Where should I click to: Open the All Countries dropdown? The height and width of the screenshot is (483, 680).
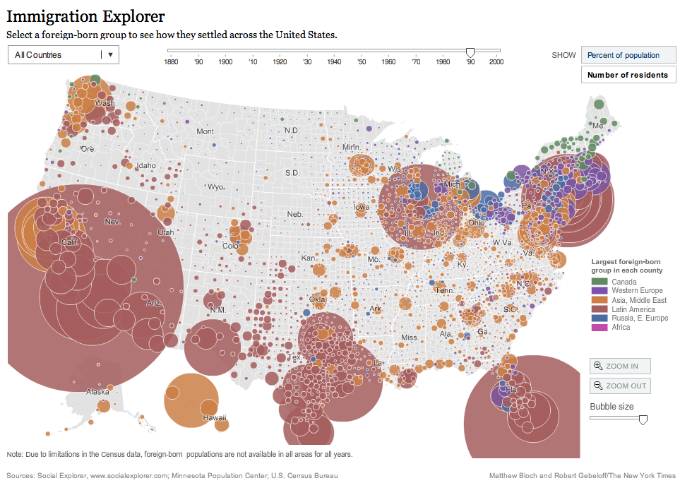tap(63, 54)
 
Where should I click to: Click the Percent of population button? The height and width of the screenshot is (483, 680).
tap(628, 55)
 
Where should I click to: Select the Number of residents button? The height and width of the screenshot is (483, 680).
tap(628, 75)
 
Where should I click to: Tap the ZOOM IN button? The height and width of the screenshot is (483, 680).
tap(620, 366)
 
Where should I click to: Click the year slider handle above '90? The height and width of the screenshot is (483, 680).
tap(470, 52)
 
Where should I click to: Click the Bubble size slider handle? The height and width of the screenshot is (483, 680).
tap(643, 419)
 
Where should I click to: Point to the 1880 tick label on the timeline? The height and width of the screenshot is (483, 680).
tap(170, 62)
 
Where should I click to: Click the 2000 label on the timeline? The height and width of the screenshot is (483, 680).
tap(496, 62)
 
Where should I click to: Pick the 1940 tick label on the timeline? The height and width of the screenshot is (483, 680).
tap(334, 62)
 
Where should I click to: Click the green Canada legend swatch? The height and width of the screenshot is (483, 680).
tap(597, 282)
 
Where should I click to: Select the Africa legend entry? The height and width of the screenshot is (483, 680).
tap(621, 328)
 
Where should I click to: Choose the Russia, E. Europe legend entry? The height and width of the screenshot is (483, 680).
tap(640, 318)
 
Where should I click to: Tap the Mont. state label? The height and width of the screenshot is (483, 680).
tap(205, 132)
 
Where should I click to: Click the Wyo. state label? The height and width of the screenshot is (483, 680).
tap(215, 187)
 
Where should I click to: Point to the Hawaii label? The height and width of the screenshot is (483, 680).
tap(215, 418)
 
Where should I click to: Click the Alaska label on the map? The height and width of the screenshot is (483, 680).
tap(97, 391)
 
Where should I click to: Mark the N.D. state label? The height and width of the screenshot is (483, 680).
tap(292, 131)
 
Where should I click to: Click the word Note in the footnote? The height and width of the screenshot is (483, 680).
tap(14, 454)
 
